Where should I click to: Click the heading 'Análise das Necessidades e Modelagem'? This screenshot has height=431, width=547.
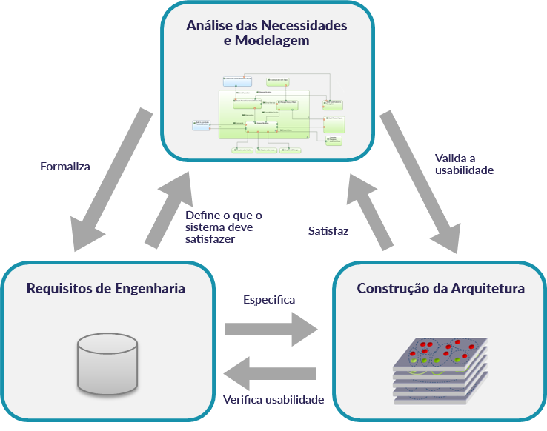point(267,33)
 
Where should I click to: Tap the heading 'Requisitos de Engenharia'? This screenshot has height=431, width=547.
point(106,288)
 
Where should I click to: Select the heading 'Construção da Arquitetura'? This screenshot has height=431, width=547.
point(441,288)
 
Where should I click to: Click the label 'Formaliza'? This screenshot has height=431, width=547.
point(65,167)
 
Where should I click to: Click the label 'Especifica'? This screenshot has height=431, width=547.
point(269,300)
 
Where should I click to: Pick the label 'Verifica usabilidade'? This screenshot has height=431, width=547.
point(273,400)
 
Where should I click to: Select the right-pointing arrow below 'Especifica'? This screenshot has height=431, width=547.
point(271,327)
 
